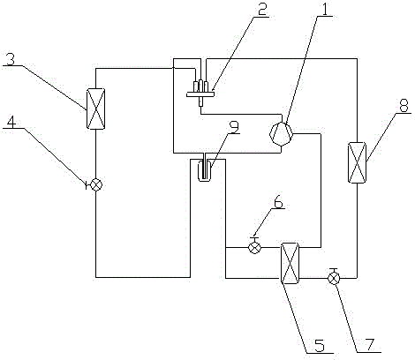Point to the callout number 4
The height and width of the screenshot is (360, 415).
[x=11, y=121]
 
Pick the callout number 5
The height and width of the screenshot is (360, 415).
[x=320, y=345]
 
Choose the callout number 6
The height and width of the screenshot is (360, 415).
[x=278, y=201]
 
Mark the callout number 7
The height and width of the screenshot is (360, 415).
[x=370, y=344]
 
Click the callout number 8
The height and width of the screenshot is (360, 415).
[x=404, y=106]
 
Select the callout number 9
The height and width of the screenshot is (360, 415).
[x=234, y=127]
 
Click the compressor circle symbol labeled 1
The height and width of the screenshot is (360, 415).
[x=281, y=134]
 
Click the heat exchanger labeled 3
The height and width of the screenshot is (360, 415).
[x=95, y=109]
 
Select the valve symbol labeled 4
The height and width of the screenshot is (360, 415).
[x=95, y=185]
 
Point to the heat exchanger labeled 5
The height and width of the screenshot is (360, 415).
[x=290, y=263]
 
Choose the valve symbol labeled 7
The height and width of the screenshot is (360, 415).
[x=334, y=276]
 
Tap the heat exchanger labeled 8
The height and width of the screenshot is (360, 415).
[x=357, y=162]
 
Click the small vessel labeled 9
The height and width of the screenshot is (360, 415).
[x=204, y=170]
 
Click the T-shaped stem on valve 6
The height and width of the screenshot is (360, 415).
[x=254, y=239]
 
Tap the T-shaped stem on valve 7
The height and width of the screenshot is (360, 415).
[x=334, y=270]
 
